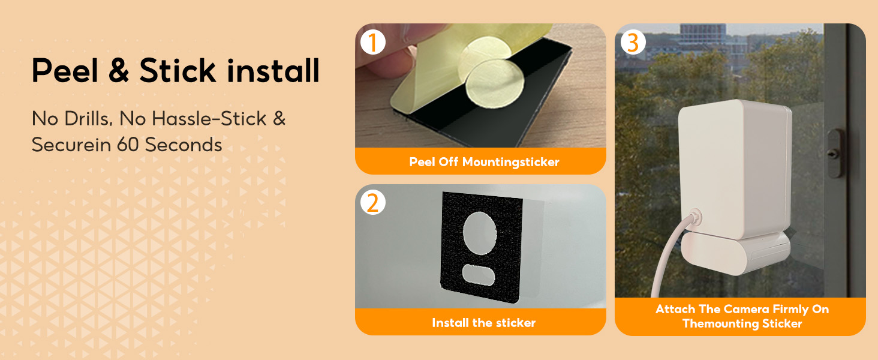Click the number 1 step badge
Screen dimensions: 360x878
coord(373,43)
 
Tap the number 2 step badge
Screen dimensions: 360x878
coord(373,203)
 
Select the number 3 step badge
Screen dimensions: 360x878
coord(633,43)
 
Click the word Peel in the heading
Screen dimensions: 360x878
coord(65,71)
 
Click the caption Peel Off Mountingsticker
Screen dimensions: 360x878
coord(484,162)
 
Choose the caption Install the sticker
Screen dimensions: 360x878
coord(483,323)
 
